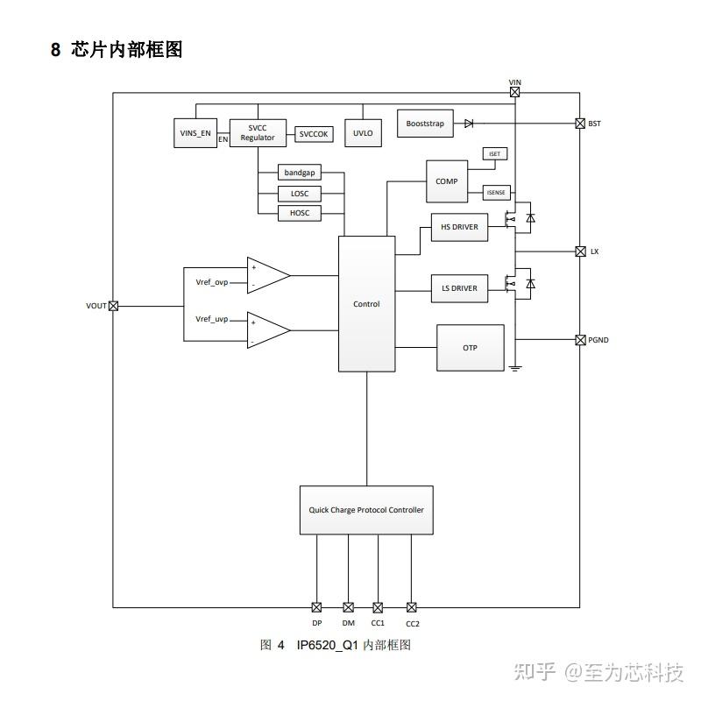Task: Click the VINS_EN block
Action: point(195,132)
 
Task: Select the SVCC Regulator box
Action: point(258,132)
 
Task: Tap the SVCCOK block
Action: point(313,134)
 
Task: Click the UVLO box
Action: point(363,133)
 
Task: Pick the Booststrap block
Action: point(425,124)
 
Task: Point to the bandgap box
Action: point(300,173)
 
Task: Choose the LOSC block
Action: point(300,194)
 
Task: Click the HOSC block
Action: point(300,213)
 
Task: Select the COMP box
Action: point(447,181)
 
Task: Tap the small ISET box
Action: point(495,153)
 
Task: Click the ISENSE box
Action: point(496,193)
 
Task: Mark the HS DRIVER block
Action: point(459,228)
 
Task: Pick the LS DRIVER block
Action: point(459,288)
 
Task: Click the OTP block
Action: point(471,348)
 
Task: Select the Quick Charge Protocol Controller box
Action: point(366,510)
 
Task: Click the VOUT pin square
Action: point(113,306)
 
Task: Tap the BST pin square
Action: point(580,124)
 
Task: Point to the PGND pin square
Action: point(580,339)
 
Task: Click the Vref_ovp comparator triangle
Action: point(268,275)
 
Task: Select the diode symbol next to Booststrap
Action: point(469,124)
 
